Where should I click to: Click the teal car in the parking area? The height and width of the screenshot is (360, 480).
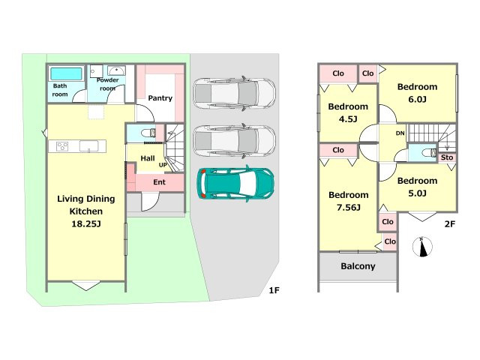coord(235,184)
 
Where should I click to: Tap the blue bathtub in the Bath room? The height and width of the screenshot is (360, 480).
coord(66,73)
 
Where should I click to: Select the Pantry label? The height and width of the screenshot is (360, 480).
coord(160,98)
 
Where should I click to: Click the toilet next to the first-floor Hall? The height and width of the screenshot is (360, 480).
coord(148,133)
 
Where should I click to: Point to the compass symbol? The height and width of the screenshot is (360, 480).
coord(422,247)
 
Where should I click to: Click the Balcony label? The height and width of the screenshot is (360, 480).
coord(358,266)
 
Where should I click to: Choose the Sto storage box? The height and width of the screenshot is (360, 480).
coord(447,157)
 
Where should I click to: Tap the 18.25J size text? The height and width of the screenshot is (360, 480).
coord(86,223)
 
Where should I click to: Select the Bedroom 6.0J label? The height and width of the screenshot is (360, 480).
coord(417,93)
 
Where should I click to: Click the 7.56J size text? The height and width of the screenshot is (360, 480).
coord(348,208)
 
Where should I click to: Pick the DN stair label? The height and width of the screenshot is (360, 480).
coord(400,133)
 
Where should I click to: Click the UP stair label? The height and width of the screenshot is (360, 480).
coord(163,165)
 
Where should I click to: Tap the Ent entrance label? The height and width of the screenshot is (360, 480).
coord(159,182)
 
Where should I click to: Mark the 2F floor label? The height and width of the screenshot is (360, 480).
coord(450,224)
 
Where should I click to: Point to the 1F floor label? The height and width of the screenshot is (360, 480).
coord(274,290)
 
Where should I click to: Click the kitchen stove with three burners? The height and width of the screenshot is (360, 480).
coord(62,146)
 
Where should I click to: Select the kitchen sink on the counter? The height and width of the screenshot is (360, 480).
coord(88,146)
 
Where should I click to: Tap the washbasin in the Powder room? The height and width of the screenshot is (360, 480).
coord(116,70)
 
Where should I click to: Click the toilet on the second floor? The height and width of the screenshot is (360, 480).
coord(429,152)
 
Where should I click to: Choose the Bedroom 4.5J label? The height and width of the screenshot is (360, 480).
coord(348,112)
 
